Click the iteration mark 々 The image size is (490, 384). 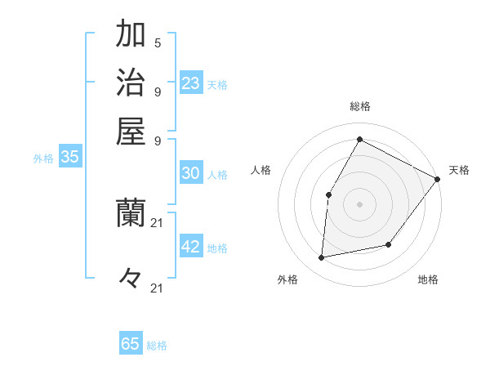click(131, 278)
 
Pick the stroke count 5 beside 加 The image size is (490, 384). click(158, 42)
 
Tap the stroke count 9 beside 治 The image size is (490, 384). click(158, 91)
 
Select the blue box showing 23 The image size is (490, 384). click(191, 83)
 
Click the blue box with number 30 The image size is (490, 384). click(191, 173)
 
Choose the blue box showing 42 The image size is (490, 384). click(191, 247)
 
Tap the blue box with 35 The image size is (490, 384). click(69, 158)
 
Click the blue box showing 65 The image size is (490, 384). click(131, 344)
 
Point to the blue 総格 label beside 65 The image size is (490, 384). click(157, 346)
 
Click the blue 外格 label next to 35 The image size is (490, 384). click(43, 159)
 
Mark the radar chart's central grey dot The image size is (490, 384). click(359, 203)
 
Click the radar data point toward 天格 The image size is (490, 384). click(438, 179)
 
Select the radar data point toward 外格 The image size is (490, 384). click(322, 258)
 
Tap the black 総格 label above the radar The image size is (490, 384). click(360, 107)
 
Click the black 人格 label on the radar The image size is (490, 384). click(261, 170)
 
